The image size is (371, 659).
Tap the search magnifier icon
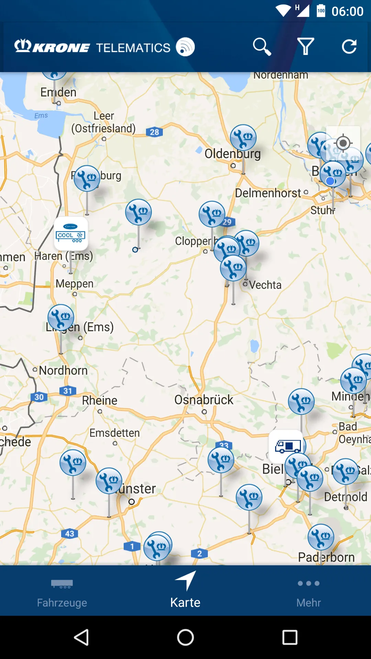262,47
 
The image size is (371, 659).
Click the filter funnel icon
305,47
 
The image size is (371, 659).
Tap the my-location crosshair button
343,143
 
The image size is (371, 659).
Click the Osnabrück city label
204,400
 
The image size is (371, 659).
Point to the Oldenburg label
233,154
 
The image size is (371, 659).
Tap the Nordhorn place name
63,371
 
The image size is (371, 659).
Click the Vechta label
265,285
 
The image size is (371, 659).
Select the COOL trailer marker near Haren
71,233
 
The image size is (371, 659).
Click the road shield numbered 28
154,132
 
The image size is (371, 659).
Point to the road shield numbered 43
69,534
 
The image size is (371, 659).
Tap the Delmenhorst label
268,193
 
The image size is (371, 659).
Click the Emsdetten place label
115,433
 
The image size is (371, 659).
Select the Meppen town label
75,284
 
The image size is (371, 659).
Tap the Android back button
81,637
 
